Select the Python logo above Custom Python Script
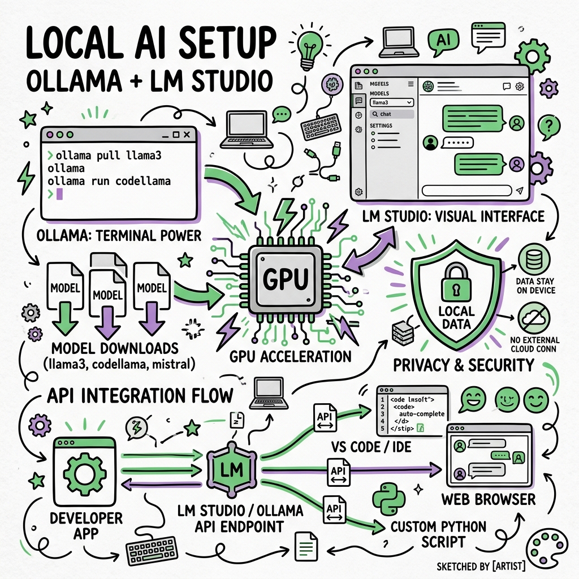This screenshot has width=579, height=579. click(x=390, y=499)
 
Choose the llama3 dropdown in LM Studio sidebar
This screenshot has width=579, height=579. click(x=392, y=102)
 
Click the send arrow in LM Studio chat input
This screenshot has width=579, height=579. click(x=520, y=191)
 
